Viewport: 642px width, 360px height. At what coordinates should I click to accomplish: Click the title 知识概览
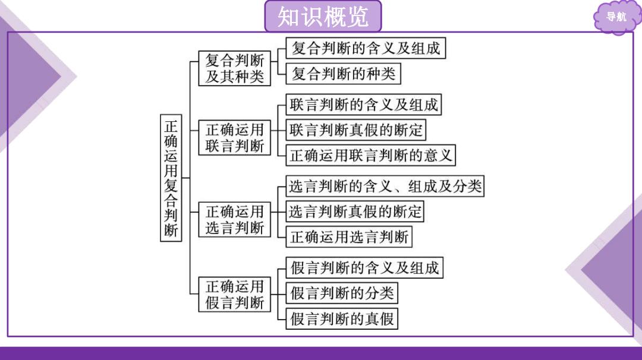[x=323, y=17]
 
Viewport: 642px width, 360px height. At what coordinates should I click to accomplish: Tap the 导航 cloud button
[x=616, y=17]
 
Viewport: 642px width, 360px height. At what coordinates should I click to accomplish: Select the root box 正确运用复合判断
[x=171, y=178]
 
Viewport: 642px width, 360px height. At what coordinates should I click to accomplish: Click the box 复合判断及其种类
[x=235, y=68]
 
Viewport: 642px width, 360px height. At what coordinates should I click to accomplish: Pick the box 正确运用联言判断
[x=235, y=137]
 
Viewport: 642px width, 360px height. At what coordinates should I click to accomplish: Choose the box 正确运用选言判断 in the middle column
[x=235, y=219]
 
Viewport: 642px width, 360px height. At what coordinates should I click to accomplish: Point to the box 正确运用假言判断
[x=235, y=294]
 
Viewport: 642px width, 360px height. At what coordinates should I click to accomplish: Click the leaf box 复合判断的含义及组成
[x=366, y=48]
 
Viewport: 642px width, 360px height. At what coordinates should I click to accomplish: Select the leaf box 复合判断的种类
[x=343, y=74]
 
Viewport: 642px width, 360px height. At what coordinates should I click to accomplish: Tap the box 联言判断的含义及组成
[x=364, y=105]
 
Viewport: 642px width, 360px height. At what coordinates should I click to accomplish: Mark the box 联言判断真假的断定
[x=356, y=130]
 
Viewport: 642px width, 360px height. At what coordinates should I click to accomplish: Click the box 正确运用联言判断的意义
[x=370, y=155]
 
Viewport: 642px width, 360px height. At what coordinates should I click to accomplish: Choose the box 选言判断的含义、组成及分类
[x=385, y=186]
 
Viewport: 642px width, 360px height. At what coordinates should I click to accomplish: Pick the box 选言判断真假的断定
[x=354, y=211]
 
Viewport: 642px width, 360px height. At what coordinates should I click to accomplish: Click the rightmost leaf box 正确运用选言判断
[x=349, y=237]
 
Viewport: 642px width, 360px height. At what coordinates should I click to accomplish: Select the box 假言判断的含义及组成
[x=364, y=268]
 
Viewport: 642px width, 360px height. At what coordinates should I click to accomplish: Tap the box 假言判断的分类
[x=342, y=293]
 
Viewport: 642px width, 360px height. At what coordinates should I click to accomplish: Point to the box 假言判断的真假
[x=342, y=318]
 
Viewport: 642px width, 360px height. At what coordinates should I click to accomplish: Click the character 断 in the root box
[x=171, y=230]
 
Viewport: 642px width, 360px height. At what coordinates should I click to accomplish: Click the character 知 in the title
[x=288, y=17]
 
